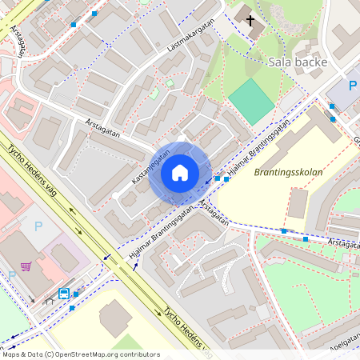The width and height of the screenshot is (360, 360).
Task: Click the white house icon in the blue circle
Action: [x=180, y=172]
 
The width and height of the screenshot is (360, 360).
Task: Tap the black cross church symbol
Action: [x=250, y=21]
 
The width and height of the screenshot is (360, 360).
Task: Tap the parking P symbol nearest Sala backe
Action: [x=352, y=86]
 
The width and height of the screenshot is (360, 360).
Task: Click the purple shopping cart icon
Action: [x=26, y=266]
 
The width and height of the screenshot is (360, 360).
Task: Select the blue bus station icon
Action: [x=64, y=293]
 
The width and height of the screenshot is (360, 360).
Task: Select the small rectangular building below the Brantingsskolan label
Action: [x=297, y=203]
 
